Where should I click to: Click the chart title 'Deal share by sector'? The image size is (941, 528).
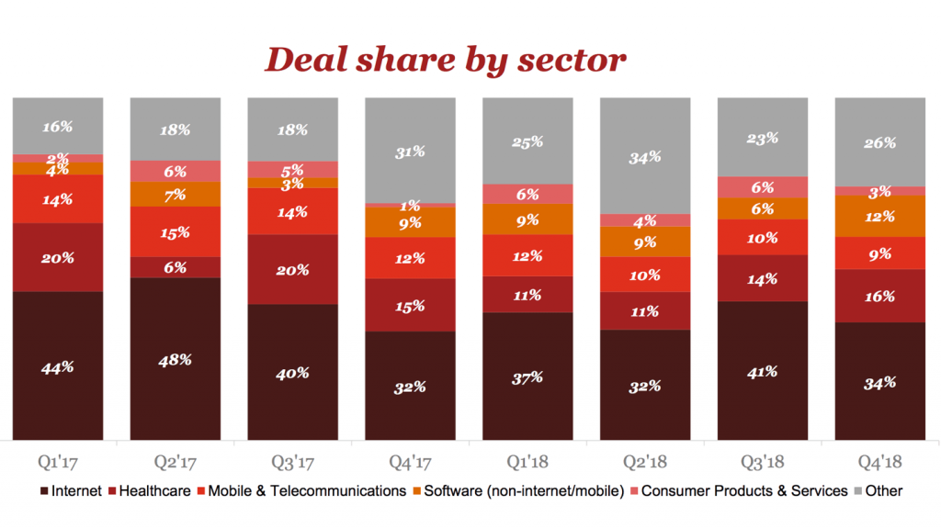click(446, 61)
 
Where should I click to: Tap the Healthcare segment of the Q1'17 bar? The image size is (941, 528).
click(57, 257)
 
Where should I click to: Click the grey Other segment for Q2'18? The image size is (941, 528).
click(645, 156)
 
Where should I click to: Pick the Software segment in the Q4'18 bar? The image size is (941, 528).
click(879, 217)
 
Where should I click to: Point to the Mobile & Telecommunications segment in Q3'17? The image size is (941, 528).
click(292, 211)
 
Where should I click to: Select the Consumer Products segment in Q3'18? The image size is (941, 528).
click(763, 186)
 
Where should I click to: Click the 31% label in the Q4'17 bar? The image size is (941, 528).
click(410, 152)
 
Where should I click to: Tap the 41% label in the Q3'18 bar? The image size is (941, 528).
click(763, 372)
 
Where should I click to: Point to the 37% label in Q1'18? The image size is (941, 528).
click(527, 377)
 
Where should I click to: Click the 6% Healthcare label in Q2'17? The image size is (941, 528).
click(176, 267)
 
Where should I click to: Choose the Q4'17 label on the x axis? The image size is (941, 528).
click(410, 458)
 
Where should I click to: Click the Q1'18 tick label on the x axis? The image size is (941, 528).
click(527, 458)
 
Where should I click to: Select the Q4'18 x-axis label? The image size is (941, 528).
click(879, 458)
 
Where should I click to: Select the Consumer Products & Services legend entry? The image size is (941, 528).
click(743, 490)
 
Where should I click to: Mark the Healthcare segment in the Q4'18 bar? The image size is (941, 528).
click(879, 296)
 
